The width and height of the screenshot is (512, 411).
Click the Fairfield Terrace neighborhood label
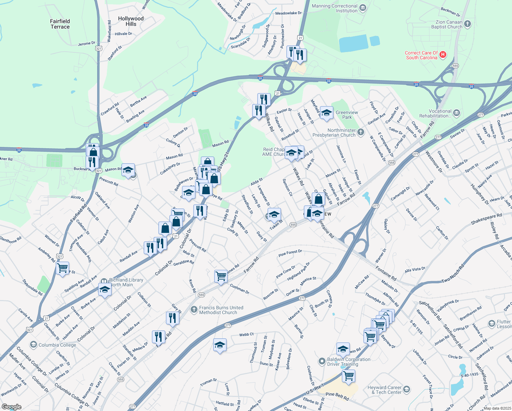60,24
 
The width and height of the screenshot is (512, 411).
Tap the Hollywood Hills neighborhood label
131,21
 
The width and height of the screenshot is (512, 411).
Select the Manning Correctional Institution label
334,9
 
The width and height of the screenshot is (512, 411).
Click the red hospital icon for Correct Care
443,54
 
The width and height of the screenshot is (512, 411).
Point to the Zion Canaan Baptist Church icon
468,24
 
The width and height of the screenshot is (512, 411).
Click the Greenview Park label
347,115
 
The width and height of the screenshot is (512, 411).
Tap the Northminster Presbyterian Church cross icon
360,132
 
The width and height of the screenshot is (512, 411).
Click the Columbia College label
57,345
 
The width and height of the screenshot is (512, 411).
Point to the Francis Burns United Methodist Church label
221,310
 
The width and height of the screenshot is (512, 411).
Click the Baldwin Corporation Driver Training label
348,362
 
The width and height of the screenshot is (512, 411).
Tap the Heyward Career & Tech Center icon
406,389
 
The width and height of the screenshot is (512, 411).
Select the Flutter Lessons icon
492,323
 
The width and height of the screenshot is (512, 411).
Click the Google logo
11,407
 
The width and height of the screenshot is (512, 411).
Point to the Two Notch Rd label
453,273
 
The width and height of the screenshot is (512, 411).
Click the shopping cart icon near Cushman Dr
221,276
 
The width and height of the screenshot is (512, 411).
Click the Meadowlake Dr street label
288,13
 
